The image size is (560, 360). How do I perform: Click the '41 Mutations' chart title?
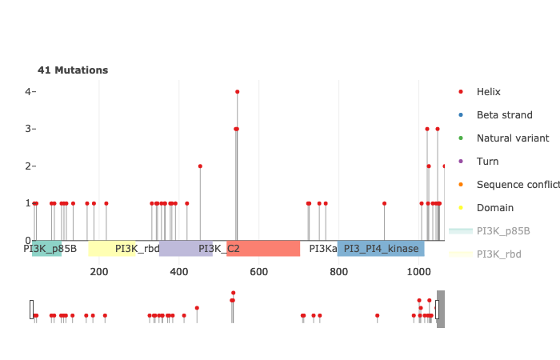pyautogui.click(x=73, y=70)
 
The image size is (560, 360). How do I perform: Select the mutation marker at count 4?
pyautogui.click(x=238, y=91)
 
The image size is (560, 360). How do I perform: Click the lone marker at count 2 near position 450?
pyautogui.click(x=200, y=166)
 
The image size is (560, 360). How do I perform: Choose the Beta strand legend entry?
pyautogui.click(x=504, y=115)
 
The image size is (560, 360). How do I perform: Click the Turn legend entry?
pyautogui.click(x=487, y=162)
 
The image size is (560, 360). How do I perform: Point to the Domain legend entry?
pyautogui.click(x=494, y=208)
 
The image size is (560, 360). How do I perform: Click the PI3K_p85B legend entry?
pyautogui.click(x=502, y=231)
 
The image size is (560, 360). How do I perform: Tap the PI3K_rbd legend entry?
pyautogui.click(x=498, y=254)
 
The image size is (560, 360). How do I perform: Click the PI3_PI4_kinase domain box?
pyautogui.click(x=381, y=248)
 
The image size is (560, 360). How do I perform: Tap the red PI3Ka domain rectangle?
pyautogui.click(x=263, y=248)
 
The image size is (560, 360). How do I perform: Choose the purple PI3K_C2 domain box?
pyautogui.click(x=192, y=248)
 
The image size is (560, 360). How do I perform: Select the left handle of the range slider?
pyautogui.click(x=32, y=310)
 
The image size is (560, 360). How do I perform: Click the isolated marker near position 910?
pyautogui.click(x=384, y=203)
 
